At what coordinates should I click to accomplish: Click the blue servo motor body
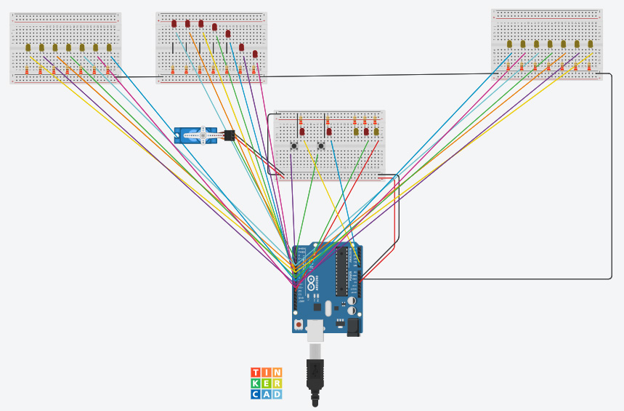coord(195,135)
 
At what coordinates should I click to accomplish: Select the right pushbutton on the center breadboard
coord(320,146)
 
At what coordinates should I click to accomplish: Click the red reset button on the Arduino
coord(298,324)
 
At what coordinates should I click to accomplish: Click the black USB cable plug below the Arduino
coord(316,375)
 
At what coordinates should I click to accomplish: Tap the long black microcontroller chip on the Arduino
coord(341,272)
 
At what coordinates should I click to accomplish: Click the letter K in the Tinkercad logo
coord(256,383)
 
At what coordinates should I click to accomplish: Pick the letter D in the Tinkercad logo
coord(277,394)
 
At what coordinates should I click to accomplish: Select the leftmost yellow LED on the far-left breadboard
coord(28,47)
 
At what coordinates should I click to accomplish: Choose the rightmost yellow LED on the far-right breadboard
coord(590,44)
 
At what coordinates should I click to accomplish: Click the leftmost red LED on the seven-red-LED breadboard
coord(174,23)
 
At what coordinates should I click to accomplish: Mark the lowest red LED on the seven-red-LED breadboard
coord(255,54)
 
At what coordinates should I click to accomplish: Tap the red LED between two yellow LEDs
coord(366,132)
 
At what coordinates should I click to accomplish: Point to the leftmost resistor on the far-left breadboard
coord(28,71)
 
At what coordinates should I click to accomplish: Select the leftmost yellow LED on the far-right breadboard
coord(508,44)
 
